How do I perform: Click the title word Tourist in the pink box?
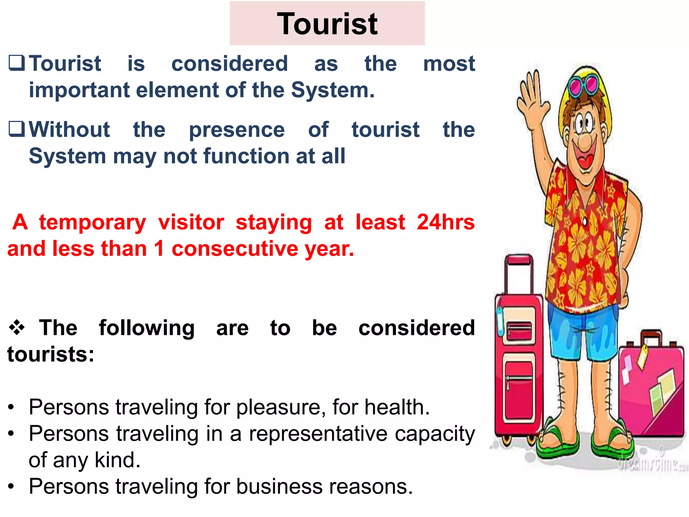tap(327, 24)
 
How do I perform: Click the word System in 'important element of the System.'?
tap(332, 90)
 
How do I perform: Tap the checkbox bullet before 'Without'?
tap(17, 129)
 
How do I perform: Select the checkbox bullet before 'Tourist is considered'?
tap(17, 63)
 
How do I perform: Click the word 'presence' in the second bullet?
tap(237, 130)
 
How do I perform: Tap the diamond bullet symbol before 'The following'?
tap(17, 328)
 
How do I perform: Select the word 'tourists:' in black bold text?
tap(51, 354)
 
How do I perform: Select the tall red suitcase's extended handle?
tap(518, 273)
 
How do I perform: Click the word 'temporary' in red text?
tap(93, 222)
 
